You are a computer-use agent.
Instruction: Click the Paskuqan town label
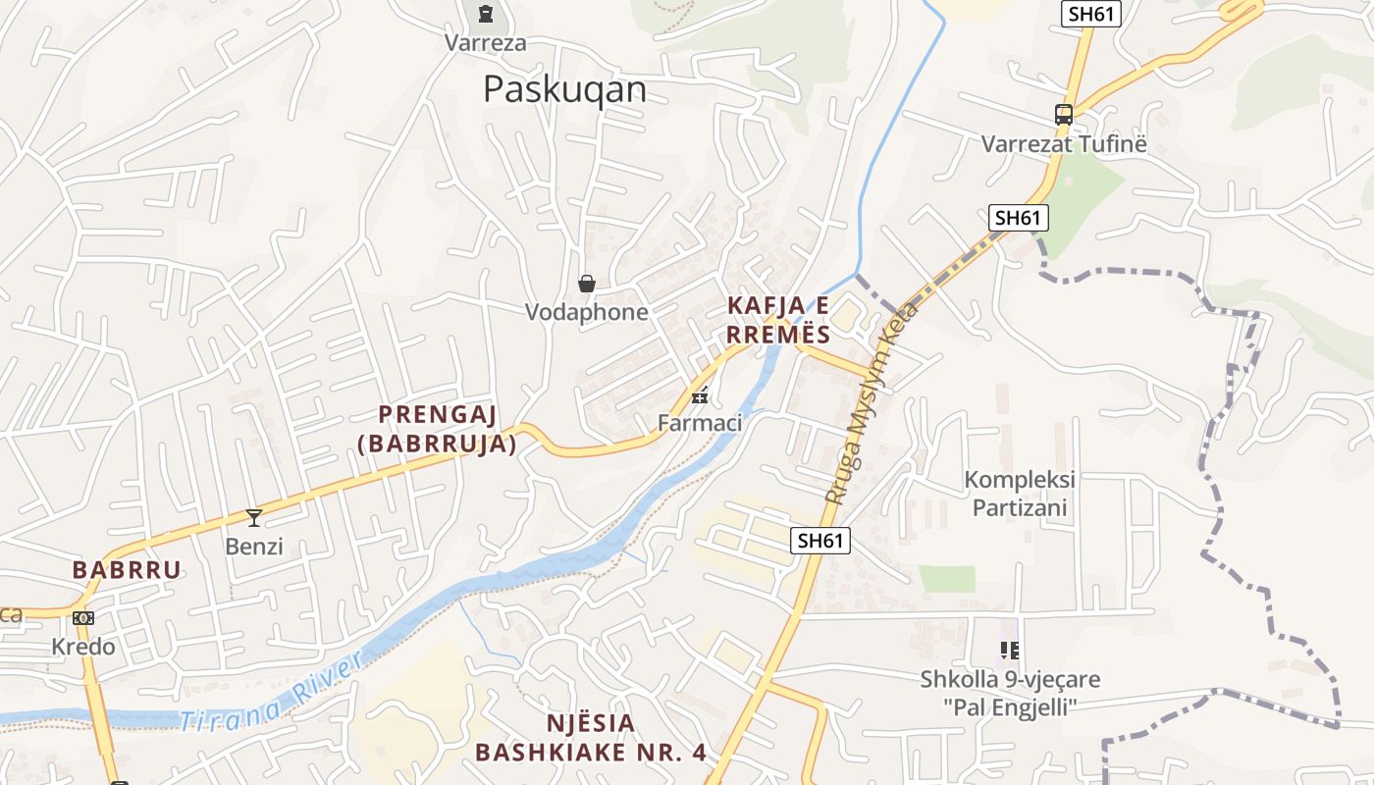[564, 89]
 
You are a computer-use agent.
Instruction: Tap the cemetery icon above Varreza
[485, 14]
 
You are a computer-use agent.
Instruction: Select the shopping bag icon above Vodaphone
[587, 285]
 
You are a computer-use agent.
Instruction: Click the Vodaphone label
[587, 312]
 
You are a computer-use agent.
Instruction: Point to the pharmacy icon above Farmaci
[700, 396]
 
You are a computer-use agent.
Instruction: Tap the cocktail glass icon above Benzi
[254, 518]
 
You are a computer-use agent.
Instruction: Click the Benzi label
[254, 546]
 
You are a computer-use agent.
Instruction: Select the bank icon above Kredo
[83, 618]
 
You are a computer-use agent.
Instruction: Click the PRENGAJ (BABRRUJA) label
[438, 429]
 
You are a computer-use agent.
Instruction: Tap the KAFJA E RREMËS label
[778, 320]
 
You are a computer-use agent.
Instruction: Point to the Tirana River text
[270, 691]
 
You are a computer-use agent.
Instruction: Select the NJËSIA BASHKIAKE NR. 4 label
[591, 738]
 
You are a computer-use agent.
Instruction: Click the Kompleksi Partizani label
[1020, 494]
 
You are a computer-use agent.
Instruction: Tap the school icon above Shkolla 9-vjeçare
[1010, 650]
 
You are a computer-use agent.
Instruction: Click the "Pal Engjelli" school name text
[1010, 706]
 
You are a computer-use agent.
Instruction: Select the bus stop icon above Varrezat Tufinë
[1064, 115]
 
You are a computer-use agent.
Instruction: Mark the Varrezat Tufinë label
[1064, 144]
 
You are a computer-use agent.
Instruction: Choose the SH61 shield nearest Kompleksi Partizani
[819, 540]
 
